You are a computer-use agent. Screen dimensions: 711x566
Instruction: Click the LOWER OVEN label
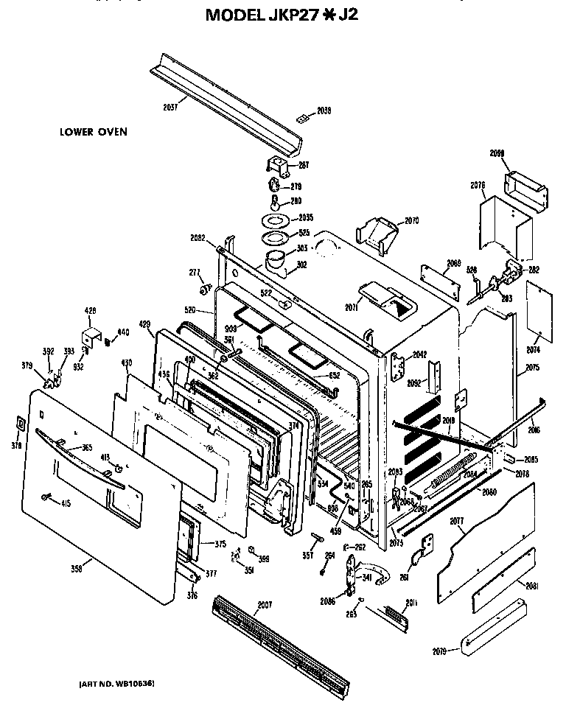tap(94, 133)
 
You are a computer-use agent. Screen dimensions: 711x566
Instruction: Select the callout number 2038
tap(324, 111)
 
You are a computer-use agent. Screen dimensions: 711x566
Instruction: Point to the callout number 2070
tap(410, 220)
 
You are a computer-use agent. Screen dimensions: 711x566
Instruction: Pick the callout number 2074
tap(532, 349)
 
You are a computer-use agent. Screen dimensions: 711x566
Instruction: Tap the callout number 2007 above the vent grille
tap(264, 605)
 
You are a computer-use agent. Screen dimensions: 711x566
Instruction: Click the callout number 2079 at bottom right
tap(440, 651)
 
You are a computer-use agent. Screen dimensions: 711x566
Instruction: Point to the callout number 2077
tap(457, 521)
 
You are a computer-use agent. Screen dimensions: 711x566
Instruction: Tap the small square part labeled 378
tap(19, 424)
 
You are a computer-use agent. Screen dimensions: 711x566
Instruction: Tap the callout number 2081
tap(532, 586)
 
